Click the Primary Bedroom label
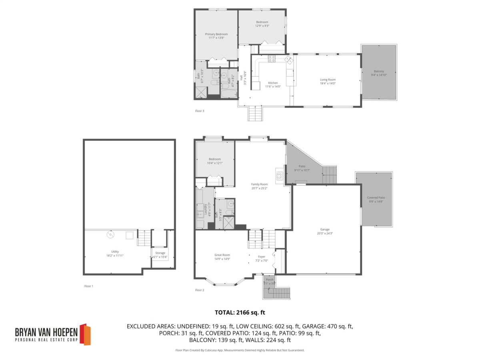click(216, 34)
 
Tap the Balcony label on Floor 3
click(379, 71)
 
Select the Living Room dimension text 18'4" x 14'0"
click(327, 84)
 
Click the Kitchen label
click(273, 83)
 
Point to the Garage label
click(324, 229)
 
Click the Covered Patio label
click(376, 198)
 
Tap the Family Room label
click(259, 184)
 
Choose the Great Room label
click(222, 255)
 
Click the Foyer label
click(262, 256)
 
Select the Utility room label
click(115, 252)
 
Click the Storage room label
click(160, 253)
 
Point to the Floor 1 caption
click(88, 286)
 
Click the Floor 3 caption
click(199, 111)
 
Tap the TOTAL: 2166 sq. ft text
click(240, 312)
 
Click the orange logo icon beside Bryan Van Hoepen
click(85, 334)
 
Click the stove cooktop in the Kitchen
click(272, 58)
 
